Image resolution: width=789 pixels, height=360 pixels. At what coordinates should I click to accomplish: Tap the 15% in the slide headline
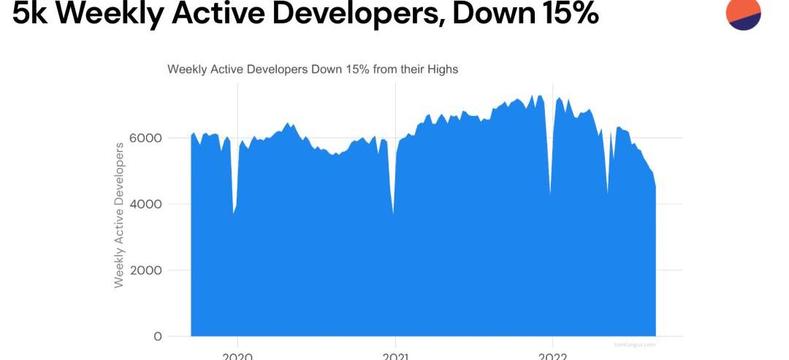(x=562, y=13)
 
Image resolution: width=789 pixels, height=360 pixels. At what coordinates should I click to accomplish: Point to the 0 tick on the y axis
(x=158, y=337)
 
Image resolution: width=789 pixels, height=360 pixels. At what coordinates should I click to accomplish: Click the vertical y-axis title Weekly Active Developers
(x=120, y=214)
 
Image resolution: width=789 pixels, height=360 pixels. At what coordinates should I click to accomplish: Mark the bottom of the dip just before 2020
(x=234, y=212)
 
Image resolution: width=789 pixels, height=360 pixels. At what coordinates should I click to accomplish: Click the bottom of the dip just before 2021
(x=394, y=213)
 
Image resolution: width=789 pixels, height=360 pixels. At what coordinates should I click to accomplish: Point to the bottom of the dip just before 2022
(x=550, y=194)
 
